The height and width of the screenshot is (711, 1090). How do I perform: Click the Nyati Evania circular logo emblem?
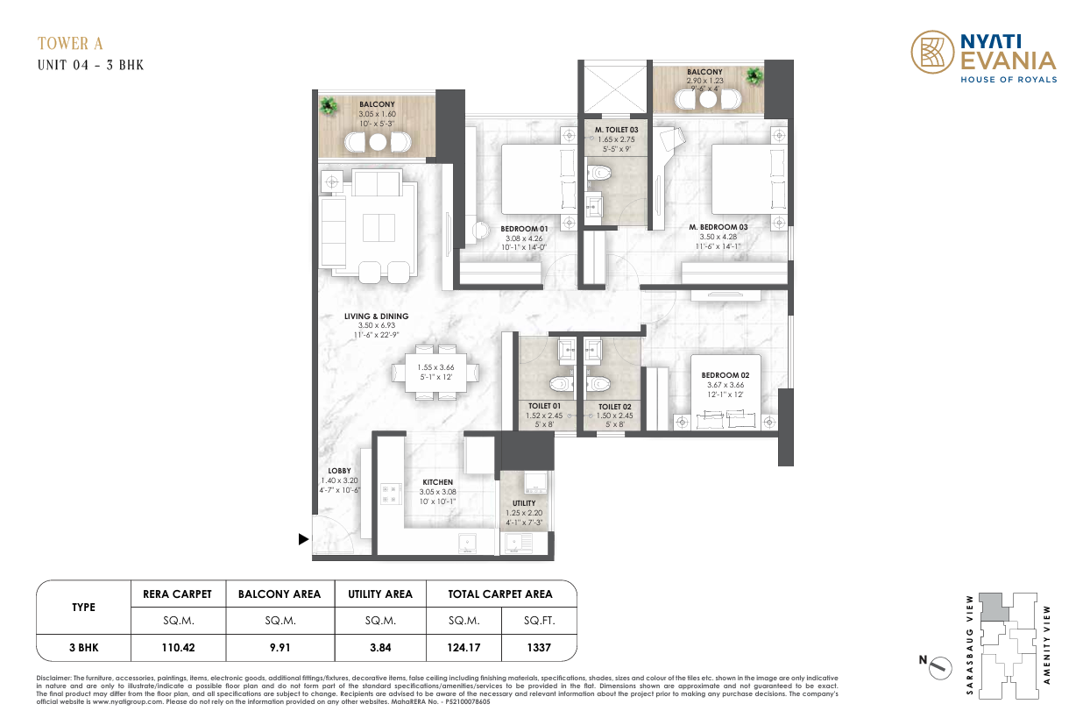click(x=932, y=52)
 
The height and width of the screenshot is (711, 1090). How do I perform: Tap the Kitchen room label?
click(x=437, y=482)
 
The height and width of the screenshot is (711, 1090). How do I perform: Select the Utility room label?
click(x=524, y=503)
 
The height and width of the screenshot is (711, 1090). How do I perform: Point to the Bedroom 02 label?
click(x=725, y=375)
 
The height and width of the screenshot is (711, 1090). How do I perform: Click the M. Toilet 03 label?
click(x=616, y=130)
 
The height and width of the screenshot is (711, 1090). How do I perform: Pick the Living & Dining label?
click(x=376, y=316)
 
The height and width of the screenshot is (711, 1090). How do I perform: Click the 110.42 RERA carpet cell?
click(x=178, y=648)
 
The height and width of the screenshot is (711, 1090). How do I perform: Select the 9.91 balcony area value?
click(x=280, y=648)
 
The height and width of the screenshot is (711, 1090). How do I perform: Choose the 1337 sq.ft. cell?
click(x=539, y=648)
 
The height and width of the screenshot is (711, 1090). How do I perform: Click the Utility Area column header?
click(x=380, y=594)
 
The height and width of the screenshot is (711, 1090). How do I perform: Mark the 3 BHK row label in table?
click(x=84, y=648)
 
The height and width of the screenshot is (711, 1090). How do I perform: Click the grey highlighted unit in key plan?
click(x=993, y=607)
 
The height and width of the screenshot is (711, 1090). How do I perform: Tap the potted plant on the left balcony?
click(x=329, y=105)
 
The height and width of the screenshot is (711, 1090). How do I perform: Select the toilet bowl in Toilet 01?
click(x=561, y=384)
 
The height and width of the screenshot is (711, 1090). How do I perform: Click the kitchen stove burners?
click(x=391, y=494)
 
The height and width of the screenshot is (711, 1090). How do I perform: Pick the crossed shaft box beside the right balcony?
click(x=615, y=89)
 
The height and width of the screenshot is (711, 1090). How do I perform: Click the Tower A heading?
click(x=71, y=44)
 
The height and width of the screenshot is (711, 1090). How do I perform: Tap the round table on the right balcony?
click(x=708, y=100)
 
